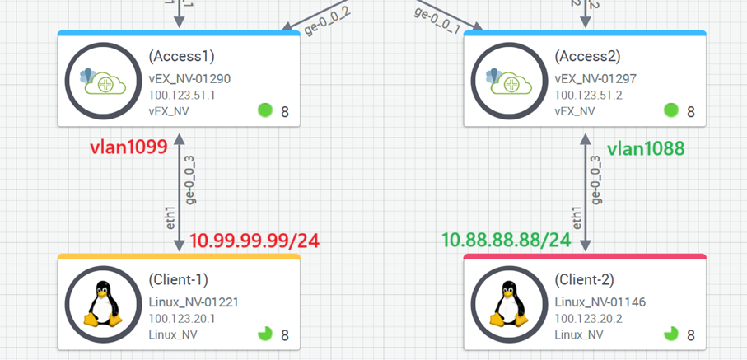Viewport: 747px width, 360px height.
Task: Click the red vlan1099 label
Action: tap(128, 148)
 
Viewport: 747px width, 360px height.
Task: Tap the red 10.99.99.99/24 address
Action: tap(254, 241)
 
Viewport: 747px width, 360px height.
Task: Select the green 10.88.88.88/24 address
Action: tap(507, 240)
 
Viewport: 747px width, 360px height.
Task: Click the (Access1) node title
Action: tap(181, 57)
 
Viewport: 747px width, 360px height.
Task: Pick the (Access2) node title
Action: tap(587, 57)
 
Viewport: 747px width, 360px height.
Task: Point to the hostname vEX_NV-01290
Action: tap(189, 79)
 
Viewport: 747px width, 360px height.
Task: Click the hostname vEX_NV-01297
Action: tap(595, 79)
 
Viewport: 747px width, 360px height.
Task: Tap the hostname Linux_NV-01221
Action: tap(194, 302)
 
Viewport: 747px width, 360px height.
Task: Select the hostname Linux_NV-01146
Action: tap(600, 302)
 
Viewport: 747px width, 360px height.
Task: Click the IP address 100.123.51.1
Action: tap(182, 96)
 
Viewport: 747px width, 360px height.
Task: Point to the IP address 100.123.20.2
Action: tap(588, 319)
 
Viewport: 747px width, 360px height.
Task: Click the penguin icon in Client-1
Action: tap(103, 304)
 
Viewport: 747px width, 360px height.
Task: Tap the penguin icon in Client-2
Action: tap(509, 304)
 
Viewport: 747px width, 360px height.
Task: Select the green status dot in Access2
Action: tap(671, 110)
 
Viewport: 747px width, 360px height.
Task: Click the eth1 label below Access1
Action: tap(170, 216)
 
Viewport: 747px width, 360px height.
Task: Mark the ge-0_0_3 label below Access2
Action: tap(595, 179)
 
